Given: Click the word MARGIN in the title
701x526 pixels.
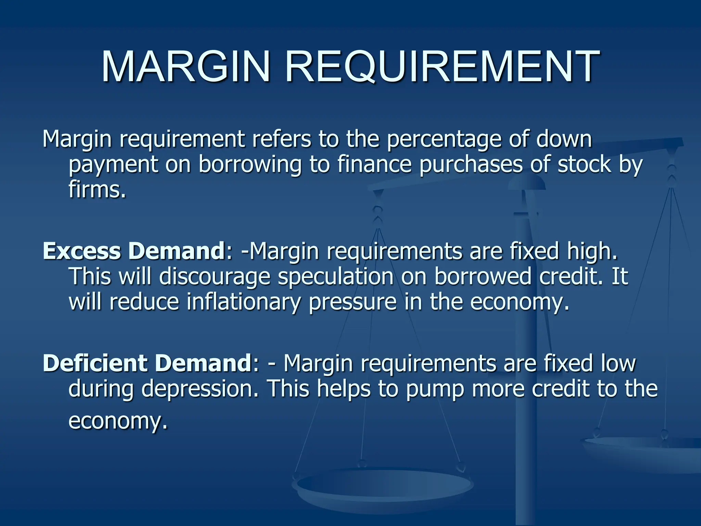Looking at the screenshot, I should (186, 67).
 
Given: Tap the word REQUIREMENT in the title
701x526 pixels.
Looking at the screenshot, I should (442, 67).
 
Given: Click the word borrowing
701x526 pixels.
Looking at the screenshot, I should (250, 164).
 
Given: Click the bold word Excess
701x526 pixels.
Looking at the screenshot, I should (82, 251).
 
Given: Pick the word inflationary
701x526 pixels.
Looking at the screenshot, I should (243, 302).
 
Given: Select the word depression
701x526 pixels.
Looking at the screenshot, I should (200, 389).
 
